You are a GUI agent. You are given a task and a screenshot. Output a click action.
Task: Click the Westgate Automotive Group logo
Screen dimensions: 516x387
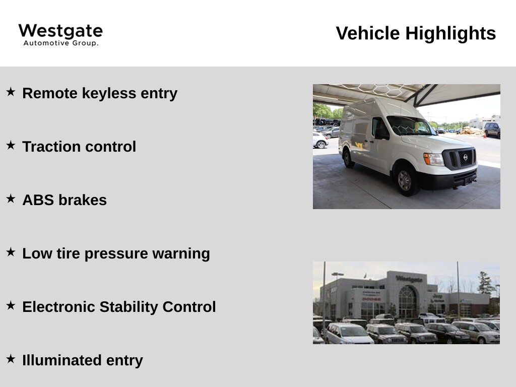click(60, 35)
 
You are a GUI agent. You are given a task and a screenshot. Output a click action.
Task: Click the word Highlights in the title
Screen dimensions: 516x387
click(450, 33)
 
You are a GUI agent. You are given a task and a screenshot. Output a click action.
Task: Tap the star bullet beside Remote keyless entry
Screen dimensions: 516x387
click(11, 92)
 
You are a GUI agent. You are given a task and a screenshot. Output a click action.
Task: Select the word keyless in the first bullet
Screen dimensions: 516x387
click(109, 93)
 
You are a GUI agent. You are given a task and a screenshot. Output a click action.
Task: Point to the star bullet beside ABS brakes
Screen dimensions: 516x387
click(11, 199)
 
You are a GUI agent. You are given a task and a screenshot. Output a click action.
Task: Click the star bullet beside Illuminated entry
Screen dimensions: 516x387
click(11, 359)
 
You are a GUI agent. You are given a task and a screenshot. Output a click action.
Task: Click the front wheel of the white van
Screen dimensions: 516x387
click(406, 180)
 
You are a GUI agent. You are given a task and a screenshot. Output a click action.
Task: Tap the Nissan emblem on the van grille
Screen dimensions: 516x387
click(465, 157)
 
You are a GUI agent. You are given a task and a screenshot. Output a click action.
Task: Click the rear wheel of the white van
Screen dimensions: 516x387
click(348, 158)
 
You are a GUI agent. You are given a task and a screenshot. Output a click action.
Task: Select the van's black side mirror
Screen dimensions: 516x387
click(381, 134)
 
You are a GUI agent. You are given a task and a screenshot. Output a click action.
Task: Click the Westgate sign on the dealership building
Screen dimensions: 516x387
click(409, 279)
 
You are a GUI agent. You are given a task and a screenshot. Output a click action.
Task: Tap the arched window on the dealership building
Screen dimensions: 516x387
click(408, 302)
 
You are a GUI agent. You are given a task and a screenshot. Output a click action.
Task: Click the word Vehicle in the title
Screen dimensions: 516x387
click(368, 33)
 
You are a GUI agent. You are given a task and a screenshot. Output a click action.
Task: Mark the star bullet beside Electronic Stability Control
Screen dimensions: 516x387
click(11, 305)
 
